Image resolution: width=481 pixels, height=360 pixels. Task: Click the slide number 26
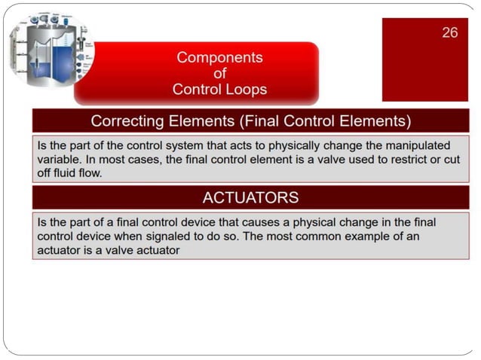click(x=449, y=32)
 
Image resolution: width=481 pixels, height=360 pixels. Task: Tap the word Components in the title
click(x=219, y=57)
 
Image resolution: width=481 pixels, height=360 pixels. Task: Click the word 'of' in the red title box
click(x=219, y=74)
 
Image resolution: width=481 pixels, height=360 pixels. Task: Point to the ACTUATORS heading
click(x=250, y=198)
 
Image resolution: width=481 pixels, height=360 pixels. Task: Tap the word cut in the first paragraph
click(x=450, y=159)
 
